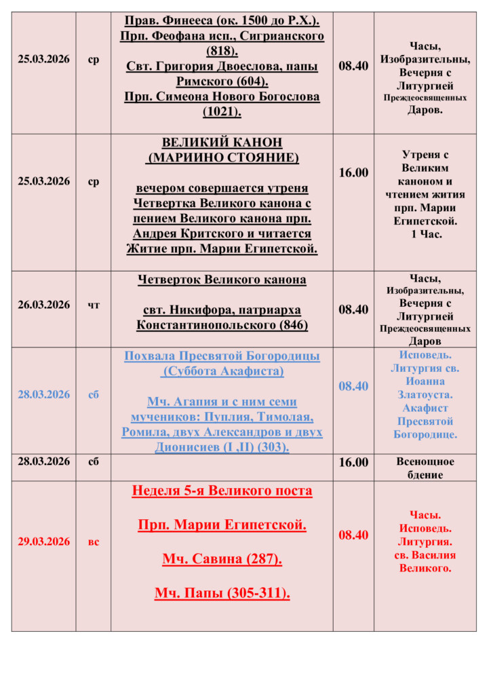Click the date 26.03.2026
click(43, 305)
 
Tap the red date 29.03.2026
click(43, 542)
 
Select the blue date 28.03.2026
click(43, 394)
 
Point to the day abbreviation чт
click(94, 305)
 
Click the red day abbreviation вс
click(94, 542)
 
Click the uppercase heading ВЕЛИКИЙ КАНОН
click(222, 143)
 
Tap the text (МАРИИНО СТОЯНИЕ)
click(222, 158)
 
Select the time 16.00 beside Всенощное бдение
click(353, 462)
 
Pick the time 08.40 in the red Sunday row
click(353, 535)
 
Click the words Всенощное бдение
click(425, 468)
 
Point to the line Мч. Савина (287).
click(222, 559)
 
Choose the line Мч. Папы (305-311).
click(222, 594)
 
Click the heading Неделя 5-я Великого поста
click(222, 491)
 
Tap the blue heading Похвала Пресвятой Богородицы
click(222, 356)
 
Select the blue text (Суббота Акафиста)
click(222, 372)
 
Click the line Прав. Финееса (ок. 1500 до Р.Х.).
click(222, 20)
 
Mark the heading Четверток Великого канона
click(222, 280)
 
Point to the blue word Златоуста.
click(425, 394)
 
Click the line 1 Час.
click(425, 234)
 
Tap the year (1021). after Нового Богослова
click(222, 112)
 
